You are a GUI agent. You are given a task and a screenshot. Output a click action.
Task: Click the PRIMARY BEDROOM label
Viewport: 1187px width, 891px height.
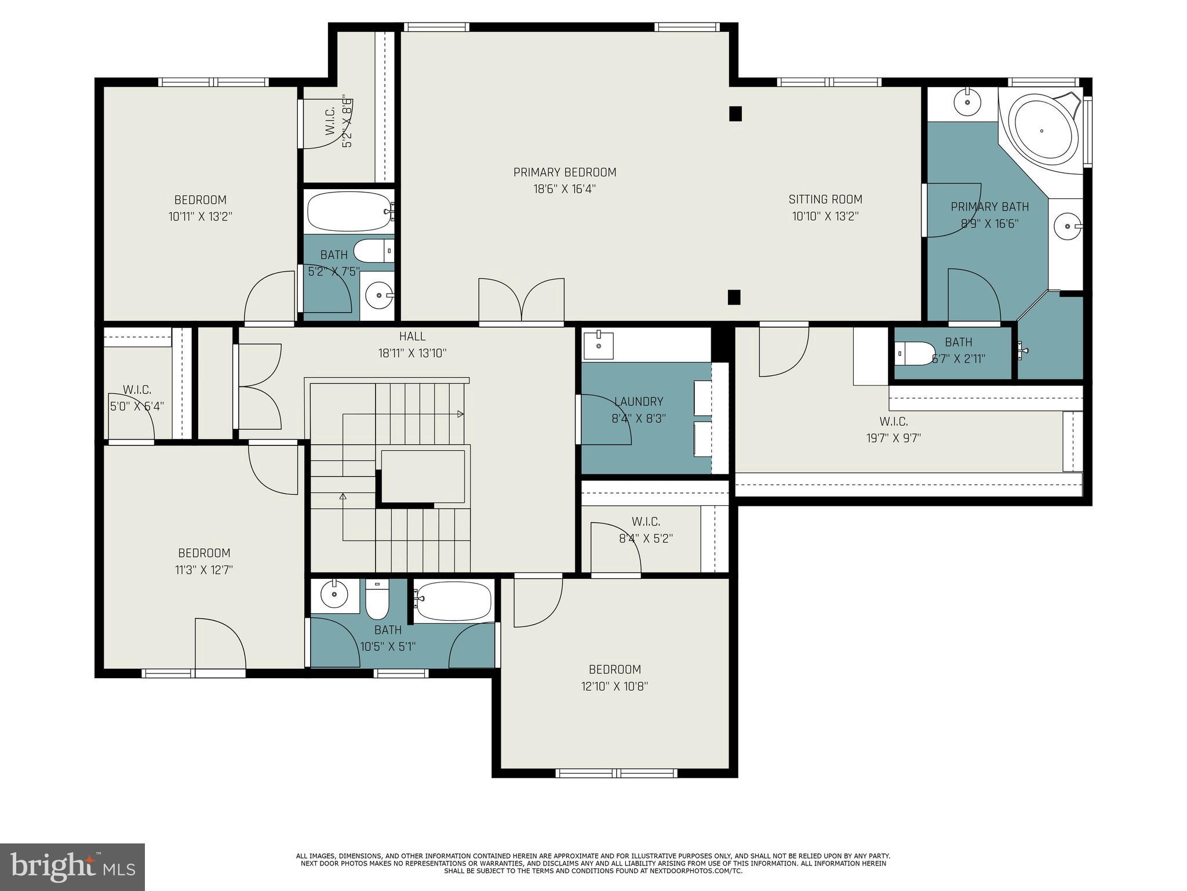(565, 172)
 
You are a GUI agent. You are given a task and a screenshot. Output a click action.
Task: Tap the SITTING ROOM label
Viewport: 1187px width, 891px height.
(825, 200)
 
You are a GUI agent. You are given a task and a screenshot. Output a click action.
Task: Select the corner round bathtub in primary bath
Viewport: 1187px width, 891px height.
(1042, 131)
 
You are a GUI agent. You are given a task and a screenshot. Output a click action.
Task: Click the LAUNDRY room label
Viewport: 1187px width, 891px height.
(638, 401)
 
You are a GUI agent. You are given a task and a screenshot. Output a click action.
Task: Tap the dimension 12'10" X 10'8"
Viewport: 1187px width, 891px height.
(614, 686)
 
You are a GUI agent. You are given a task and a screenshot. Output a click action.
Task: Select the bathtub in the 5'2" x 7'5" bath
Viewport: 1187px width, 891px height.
(349, 212)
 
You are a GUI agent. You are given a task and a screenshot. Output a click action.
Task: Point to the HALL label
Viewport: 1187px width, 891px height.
(412, 336)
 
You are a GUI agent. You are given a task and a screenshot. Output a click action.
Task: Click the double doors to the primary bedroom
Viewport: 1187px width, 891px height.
(522, 300)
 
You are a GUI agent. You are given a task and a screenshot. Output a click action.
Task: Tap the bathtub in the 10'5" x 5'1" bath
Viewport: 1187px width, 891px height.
(453, 601)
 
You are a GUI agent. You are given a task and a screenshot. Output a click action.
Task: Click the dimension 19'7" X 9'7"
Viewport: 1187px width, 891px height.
(893, 438)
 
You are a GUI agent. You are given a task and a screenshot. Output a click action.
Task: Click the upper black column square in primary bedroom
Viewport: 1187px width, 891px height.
(735, 114)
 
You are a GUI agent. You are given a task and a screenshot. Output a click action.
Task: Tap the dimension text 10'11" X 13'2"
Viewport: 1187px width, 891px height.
(200, 217)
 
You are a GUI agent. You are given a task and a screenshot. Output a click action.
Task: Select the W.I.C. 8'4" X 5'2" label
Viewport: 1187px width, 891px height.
(645, 530)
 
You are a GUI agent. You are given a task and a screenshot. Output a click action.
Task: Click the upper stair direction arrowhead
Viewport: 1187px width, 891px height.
(461, 414)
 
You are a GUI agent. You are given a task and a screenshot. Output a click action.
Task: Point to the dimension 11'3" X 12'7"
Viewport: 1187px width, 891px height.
(204, 570)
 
